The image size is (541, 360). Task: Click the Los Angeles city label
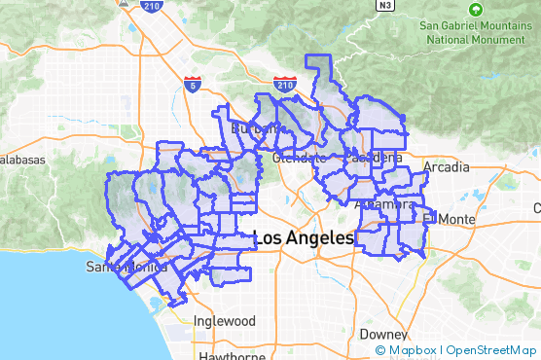coord(305,237)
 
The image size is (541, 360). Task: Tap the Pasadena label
coord(372,158)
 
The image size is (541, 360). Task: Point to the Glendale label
coord(299,158)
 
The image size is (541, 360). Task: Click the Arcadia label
coord(446,167)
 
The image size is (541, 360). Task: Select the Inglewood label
coord(224,321)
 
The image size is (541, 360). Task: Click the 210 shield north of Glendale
coord(285,84)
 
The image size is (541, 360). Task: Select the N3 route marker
coord(386,5)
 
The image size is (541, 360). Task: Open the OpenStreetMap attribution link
coord(491,350)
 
